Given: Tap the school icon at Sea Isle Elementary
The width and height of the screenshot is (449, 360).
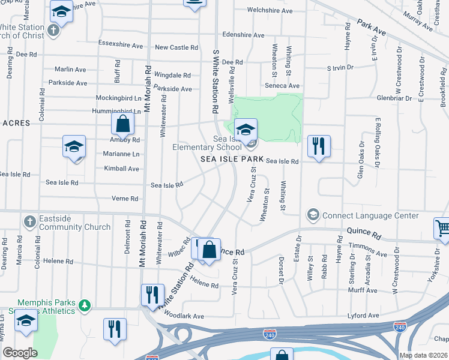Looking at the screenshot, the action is coord(245,129).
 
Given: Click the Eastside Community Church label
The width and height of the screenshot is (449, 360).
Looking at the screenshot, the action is coord(75,223).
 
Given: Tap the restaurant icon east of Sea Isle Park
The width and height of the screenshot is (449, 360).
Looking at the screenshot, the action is coord(319,145).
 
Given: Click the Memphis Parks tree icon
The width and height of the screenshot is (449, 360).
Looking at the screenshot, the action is coord(85,306).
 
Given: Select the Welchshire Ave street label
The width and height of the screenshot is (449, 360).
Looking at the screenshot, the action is coord(270,11).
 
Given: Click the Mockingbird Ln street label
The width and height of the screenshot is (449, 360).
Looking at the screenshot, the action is coord(118,97).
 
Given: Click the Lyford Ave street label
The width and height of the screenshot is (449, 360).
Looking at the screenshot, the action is coord(363,316).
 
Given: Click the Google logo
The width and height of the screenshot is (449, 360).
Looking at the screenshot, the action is coord(20,353).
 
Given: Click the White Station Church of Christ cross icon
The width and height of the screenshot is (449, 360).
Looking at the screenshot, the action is coord(53,30).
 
